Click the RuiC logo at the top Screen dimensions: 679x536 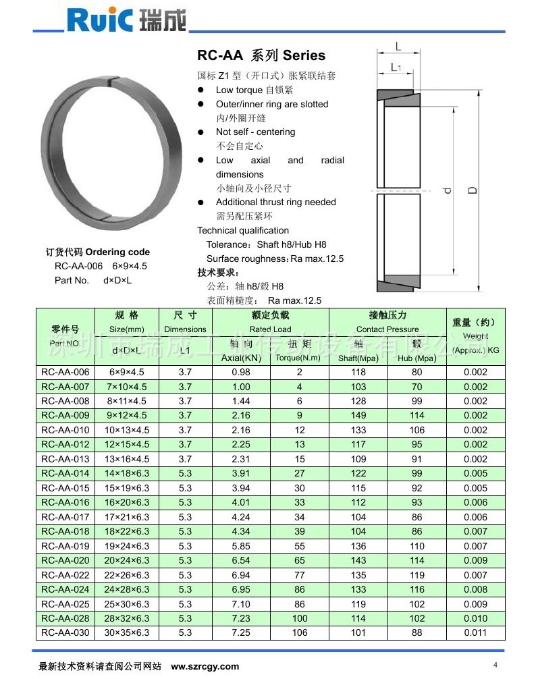point(126,20)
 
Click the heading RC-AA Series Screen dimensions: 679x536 point(261,55)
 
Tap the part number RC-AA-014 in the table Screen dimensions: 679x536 point(65,474)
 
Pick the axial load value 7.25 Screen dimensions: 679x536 point(240,633)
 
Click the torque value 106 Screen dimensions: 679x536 point(300,633)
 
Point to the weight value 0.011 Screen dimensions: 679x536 point(475,633)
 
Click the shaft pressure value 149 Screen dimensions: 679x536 point(358,416)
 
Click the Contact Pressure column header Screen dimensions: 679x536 point(387,329)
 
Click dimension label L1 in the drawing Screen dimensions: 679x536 point(396,67)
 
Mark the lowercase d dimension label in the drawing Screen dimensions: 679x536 point(446,192)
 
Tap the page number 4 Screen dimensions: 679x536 point(495,664)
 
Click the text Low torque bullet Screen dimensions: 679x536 point(254,90)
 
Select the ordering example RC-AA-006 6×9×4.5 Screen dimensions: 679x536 point(101,266)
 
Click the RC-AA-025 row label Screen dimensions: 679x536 point(65,604)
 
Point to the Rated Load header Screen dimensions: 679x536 point(270,329)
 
